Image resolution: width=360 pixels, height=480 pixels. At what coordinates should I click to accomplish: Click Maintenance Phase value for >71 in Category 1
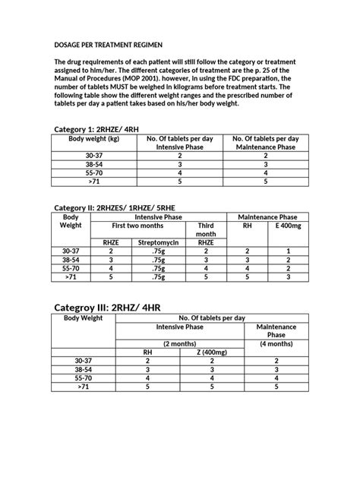point(265,182)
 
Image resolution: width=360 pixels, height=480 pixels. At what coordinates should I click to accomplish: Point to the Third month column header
point(207,229)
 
